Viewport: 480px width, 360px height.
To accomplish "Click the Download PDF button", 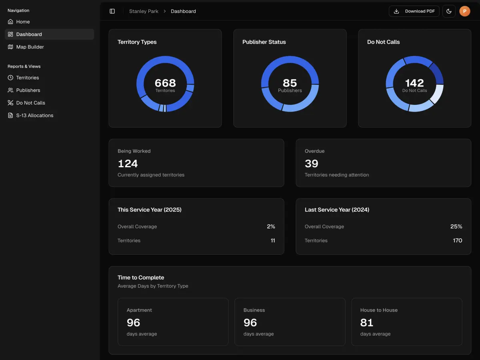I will click(414, 11).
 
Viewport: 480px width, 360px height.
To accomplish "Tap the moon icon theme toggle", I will click(449, 11).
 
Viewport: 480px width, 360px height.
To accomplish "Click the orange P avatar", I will click(464, 11).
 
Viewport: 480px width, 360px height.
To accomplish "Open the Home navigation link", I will click(23, 22).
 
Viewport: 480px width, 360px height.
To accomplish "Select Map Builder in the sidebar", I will click(30, 47).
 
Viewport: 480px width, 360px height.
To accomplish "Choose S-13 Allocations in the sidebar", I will click(34, 115).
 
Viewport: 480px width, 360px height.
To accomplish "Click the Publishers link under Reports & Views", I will click(28, 90).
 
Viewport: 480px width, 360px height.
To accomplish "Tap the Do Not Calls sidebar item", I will click(30, 103).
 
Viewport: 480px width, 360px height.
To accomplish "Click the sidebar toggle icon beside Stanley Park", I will click(112, 11).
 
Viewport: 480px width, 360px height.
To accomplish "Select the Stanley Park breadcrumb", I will click(144, 11).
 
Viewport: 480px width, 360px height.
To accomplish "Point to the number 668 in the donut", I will click(165, 83).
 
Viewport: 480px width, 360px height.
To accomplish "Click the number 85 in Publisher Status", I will click(290, 83).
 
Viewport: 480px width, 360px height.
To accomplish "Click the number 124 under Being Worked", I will click(128, 164).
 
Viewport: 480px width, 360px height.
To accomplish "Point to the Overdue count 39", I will click(311, 164).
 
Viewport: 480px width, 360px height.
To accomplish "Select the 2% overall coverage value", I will click(271, 226).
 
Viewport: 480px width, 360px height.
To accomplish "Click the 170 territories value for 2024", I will click(457, 240).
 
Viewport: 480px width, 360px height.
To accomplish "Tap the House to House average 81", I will click(366, 322).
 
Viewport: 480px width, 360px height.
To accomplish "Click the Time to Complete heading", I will click(141, 277).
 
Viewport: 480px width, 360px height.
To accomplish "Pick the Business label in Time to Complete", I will click(254, 310).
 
